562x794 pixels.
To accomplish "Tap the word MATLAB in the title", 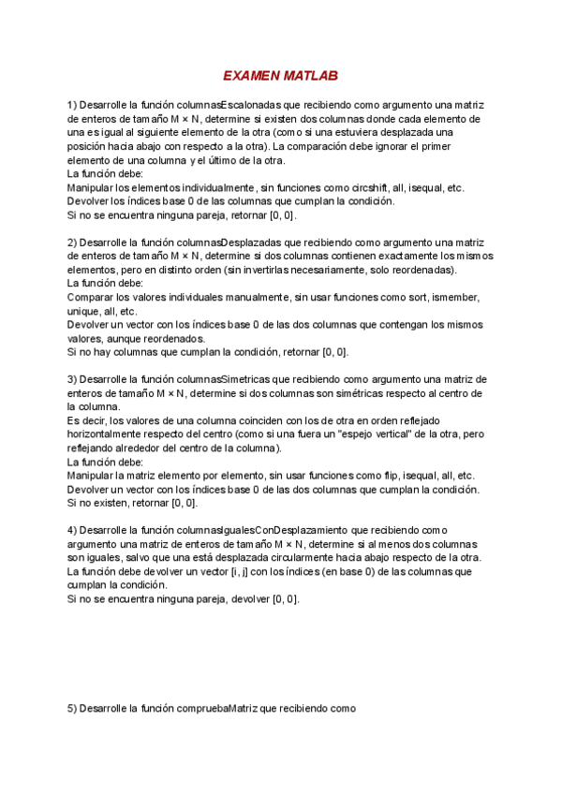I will pos(310,76).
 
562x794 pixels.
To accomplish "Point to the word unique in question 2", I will pos(83,311).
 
